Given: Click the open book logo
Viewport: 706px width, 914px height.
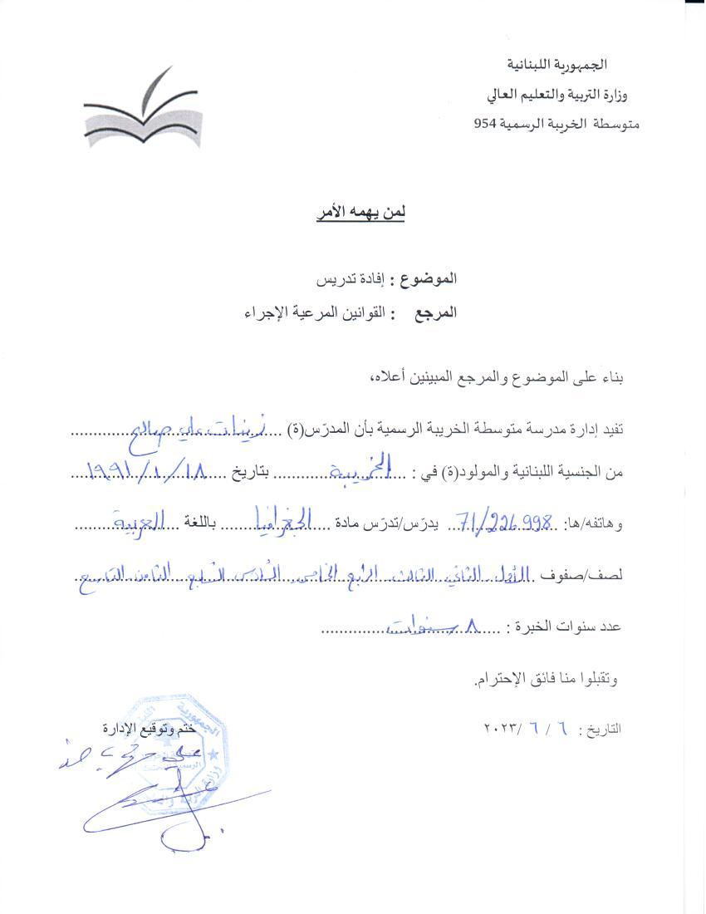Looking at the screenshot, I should (x=142, y=112).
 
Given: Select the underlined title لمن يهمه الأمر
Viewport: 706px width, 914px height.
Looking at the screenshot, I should (x=359, y=214).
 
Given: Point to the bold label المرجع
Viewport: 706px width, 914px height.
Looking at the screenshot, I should (x=434, y=313).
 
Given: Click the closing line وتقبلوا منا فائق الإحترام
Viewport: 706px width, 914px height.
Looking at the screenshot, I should (x=547, y=680).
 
